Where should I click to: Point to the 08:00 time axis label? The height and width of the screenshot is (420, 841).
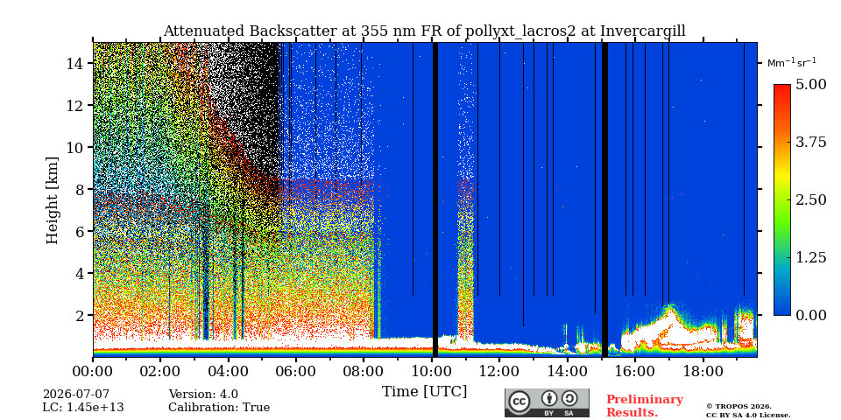tap(364, 371)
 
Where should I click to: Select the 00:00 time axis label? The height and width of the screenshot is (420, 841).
tap(94, 371)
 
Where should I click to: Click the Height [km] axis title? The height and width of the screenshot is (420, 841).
tap(52, 200)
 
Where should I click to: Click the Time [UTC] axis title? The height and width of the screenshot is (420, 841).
tap(424, 392)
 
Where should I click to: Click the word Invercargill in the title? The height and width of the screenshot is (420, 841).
tap(642, 31)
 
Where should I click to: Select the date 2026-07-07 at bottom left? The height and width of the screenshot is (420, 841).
tap(76, 395)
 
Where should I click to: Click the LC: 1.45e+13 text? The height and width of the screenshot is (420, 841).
tap(83, 408)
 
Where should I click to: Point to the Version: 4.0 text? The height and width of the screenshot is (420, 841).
tap(203, 395)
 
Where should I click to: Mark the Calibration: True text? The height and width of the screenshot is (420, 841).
tap(219, 408)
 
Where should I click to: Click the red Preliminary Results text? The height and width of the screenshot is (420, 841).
tap(645, 406)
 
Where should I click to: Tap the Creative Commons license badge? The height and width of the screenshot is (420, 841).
tap(547, 402)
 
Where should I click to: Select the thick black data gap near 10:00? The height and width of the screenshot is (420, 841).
tap(435, 199)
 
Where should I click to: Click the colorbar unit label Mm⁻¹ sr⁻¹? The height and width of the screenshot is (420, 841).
tap(792, 62)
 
